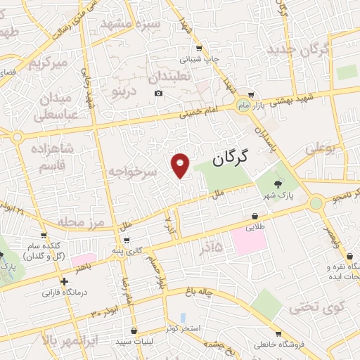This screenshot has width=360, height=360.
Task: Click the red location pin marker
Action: tap(181, 164)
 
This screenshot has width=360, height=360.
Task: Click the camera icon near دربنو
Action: tap(158, 94)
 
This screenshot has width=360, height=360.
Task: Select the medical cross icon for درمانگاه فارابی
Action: tap(65, 281)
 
